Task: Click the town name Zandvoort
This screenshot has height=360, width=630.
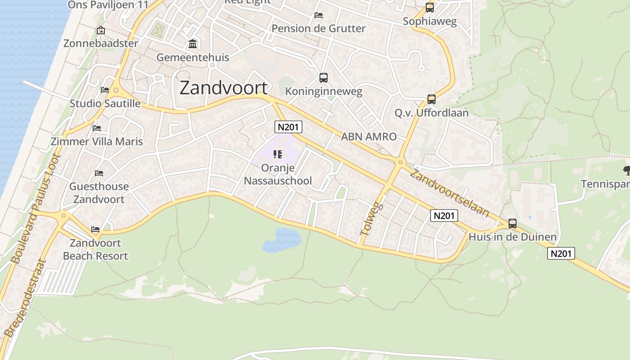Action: tap(223, 88)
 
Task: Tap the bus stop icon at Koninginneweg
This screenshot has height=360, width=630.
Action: tap(323, 78)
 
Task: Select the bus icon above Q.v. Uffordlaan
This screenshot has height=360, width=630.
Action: tap(431, 99)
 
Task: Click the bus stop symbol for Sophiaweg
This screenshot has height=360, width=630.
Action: tap(430, 8)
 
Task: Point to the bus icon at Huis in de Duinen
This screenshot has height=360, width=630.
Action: tap(512, 224)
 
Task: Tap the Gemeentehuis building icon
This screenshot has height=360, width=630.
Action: tap(193, 44)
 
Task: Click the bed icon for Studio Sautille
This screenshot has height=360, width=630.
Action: tap(105, 90)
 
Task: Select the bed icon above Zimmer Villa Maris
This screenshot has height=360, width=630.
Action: tap(97, 128)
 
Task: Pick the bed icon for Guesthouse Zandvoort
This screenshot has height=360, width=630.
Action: tap(99, 173)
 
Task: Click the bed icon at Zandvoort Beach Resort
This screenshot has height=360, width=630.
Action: tap(95, 229)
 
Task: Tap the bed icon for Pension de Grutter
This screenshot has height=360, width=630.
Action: tap(319, 15)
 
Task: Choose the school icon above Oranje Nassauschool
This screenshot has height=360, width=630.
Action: tap(277, 155)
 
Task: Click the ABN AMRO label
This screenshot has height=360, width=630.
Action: tap(369, 137)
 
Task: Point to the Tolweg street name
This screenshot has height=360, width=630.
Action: tap(371, 219)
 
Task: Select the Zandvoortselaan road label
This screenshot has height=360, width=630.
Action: tap(449, 194)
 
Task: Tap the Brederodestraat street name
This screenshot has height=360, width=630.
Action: tap(25, 298)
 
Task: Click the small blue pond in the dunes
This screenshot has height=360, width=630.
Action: tap(282, 239)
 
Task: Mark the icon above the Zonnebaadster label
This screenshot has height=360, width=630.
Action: tap(100, 31)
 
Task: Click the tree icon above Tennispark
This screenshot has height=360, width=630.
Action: tap(626, 170)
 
